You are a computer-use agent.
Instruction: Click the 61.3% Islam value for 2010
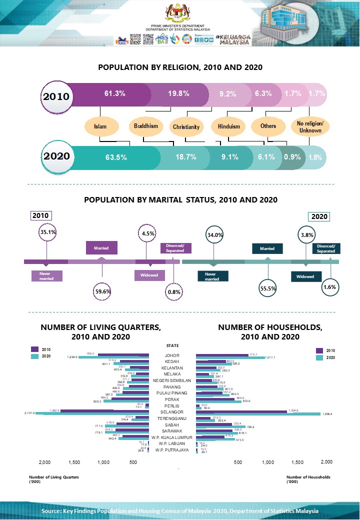pyautogui.click(x=114, y=93)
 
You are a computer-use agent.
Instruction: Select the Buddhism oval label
pyautogui.click(x=146, y=126)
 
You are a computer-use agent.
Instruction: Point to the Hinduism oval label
pyautogui.click(x=229, y=126)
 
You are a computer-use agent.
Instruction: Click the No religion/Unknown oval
pyautogui.click(x=310, y=127)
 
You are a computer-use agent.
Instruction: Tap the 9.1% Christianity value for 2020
pyautogui.click(x=229, y=157)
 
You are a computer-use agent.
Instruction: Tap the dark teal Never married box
pyautogui.click(x=212, y=276)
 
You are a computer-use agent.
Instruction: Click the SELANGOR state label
pyautogui.click(x=172, y=412)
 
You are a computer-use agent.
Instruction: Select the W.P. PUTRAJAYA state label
pyautogui.click(x=172, y=449)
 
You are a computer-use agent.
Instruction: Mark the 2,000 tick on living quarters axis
pyautogui.click(x=44, y=462)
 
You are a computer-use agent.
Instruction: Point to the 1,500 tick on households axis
pyautogui.click(x=297, y=462)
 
